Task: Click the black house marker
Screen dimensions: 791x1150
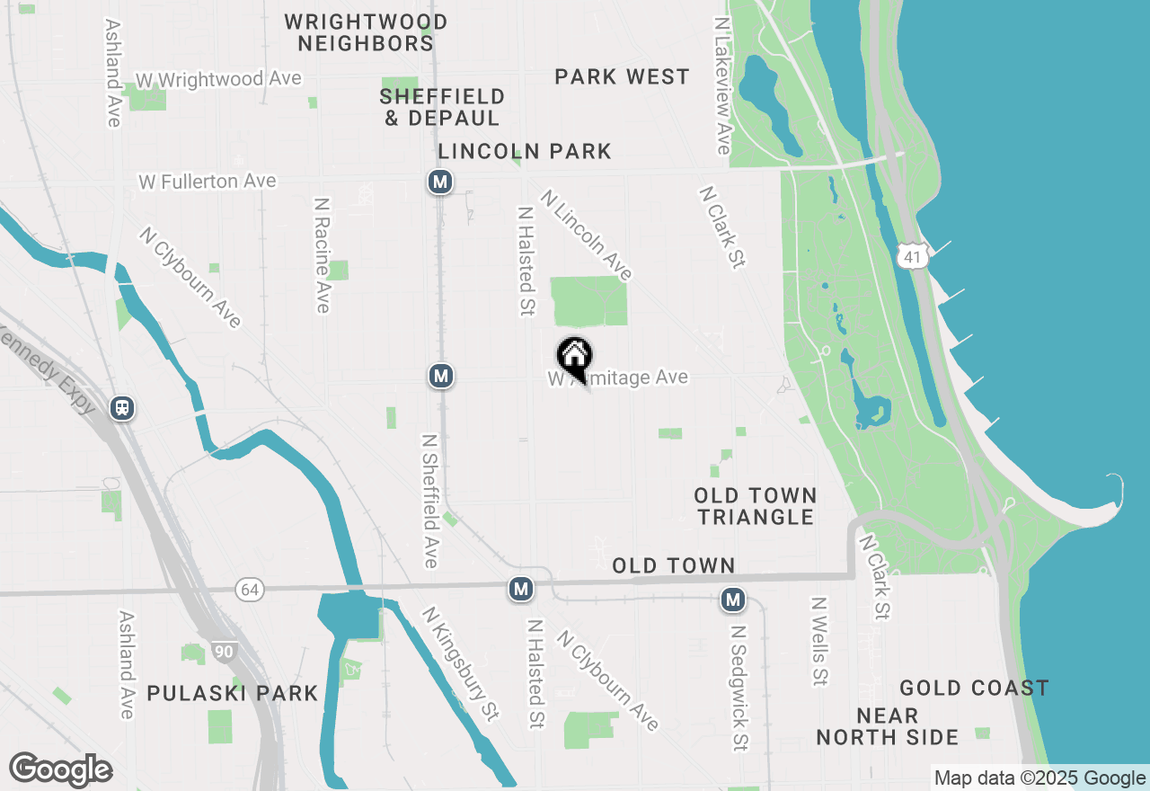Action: [x=574, y=358]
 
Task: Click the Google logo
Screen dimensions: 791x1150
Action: [x=60, y=769]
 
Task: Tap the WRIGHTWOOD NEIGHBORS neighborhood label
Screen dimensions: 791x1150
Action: [x=366, y=32]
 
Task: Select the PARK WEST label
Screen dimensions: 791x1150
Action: [x=622, y=77]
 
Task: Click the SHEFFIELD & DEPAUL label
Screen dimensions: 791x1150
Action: [x=442, y=107]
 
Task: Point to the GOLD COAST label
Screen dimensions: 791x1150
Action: [x=974, y=689]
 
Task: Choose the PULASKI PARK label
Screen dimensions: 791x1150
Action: [x=233, y=693]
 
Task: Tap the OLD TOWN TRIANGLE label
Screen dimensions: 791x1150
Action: [x=755, y=506]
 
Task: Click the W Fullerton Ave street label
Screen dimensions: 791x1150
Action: [x=208, y=182]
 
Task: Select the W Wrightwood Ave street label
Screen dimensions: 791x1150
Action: [x=217, y=79]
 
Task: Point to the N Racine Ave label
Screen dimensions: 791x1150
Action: [x=322, y=255]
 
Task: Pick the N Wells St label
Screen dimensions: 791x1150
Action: [x=818, y=641]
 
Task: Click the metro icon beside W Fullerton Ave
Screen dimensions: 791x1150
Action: [x=439, y=182]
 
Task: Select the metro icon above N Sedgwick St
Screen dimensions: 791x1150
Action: [x=733, y=599]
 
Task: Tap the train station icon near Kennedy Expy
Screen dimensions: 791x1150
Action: [x=122, y=408]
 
